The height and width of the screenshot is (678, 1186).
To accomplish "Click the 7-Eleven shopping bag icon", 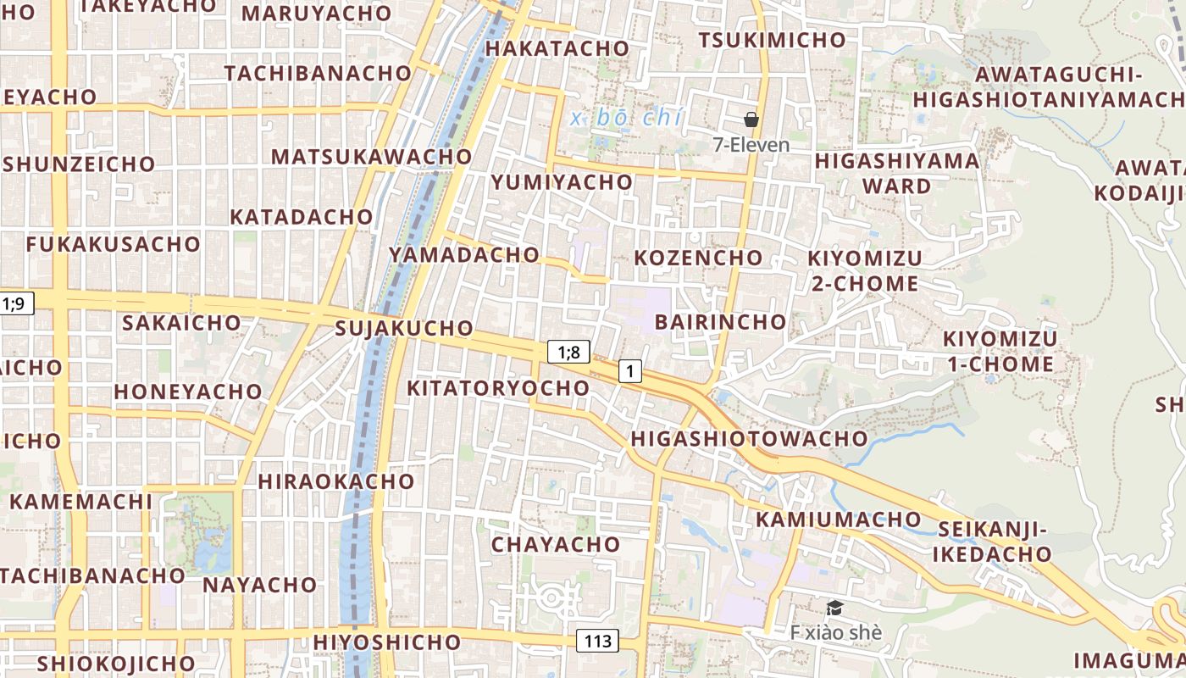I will coord(751,119).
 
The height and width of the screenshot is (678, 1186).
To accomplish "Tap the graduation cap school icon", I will coord(834,608).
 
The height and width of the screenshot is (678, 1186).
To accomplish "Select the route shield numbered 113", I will coord(597,641).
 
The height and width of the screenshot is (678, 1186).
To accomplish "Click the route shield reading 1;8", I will coord(568,352).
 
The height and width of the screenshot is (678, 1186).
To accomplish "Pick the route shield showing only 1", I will coord(629,370).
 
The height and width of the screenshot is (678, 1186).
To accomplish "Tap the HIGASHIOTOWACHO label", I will coord(749,438).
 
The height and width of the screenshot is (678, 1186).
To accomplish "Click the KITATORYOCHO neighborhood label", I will coord(498,388).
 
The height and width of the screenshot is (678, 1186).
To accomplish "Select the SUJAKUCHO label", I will coord(404,328).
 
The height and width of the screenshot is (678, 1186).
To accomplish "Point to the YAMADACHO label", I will coord(463,254).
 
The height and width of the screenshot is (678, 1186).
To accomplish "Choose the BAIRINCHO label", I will coord(720,322).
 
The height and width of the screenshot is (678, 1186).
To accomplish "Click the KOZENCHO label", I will coord(698,258).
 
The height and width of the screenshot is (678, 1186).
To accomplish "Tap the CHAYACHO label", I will coord(555,544).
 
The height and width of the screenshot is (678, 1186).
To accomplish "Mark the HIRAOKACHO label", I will coord(335,481).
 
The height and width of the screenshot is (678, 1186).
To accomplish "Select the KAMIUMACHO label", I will coord(838,519).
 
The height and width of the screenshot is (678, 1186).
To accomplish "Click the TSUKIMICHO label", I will coord(772,40).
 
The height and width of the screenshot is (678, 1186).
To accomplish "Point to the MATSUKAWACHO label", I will coord(371,157).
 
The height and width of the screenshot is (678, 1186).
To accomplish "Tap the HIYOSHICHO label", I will coord(386,642).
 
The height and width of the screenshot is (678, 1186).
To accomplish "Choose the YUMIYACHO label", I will coord(562,182).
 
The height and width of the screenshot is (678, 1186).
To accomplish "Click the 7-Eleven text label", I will coord(751,145).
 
